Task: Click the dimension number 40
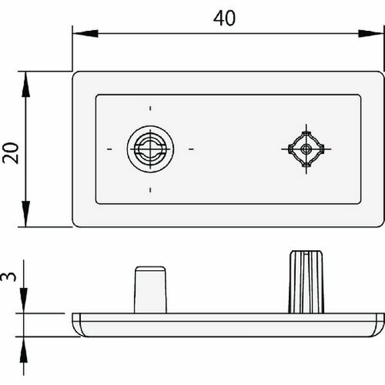pyautogui.click(x=224, y=18)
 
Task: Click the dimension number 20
pyautogui.click(x=11, y=153)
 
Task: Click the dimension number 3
pyautogui.click(x=8, y=277)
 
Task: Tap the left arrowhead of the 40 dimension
pyautogui.click(x=85, y=33)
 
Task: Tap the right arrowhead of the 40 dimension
pyautogui.click(x=371, y=33)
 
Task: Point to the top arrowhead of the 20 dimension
pyautogui.click(x=26, y=84)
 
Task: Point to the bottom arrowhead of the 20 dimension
pyautogui.click(x=26, y=214)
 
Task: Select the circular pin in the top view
pyautogui.click(x=150, y=149)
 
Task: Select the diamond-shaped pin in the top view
pyautogui.click(x=306, y=149)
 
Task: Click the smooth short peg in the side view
pyautogui.click(x=150, y=290)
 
